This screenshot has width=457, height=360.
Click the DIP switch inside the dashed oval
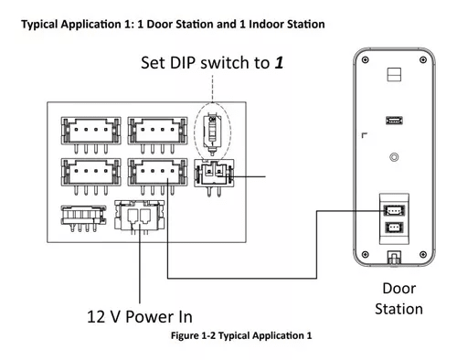pyautogui.click(x=213, y=133)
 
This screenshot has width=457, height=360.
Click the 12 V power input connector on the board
pyautogui.click(x=140, y=217)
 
